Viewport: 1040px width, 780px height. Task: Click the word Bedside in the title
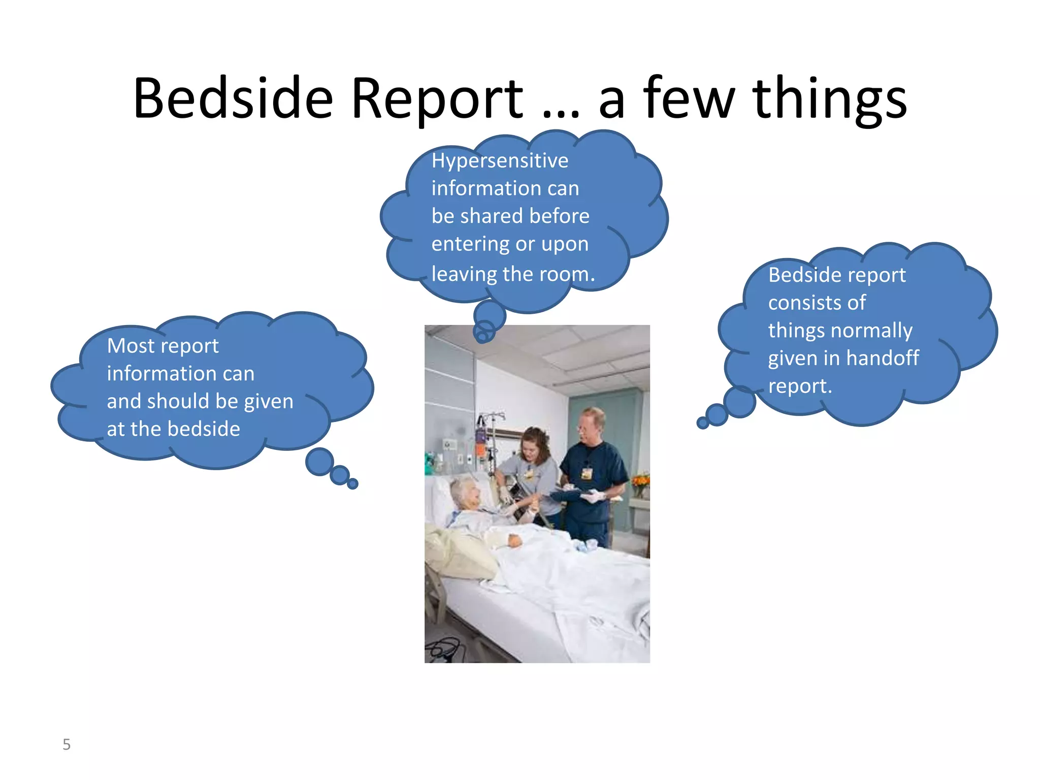tap(233, 99)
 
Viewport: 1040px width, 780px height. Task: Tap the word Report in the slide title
tap(437, 99)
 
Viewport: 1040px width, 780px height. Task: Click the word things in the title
tap(830, 99)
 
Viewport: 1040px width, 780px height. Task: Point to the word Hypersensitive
tap(500, 161)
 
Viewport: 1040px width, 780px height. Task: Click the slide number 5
tap(67, 744)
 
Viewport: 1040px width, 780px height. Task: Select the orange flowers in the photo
tap(641, 480)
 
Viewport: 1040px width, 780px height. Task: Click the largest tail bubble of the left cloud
tap(319, 462)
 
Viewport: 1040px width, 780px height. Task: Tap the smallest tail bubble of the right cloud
tap(702, 422)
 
